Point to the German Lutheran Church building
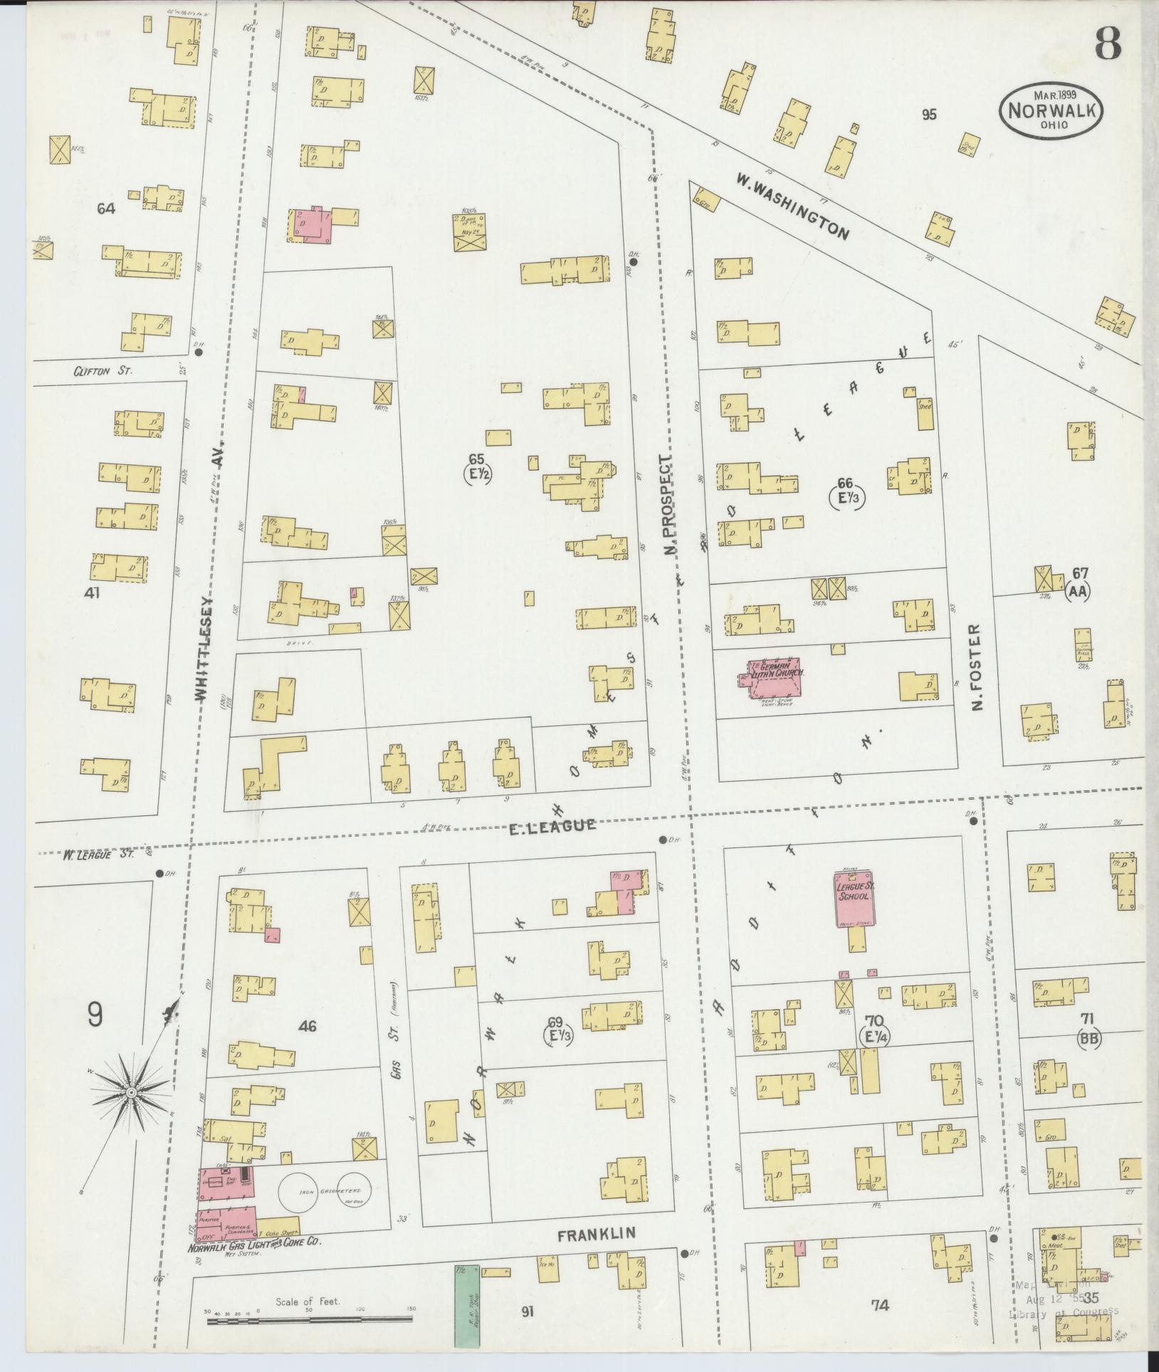[774, 677]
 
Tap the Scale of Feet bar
[309, 1321]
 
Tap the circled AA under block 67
[1078, 591]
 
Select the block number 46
[308, 1026]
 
